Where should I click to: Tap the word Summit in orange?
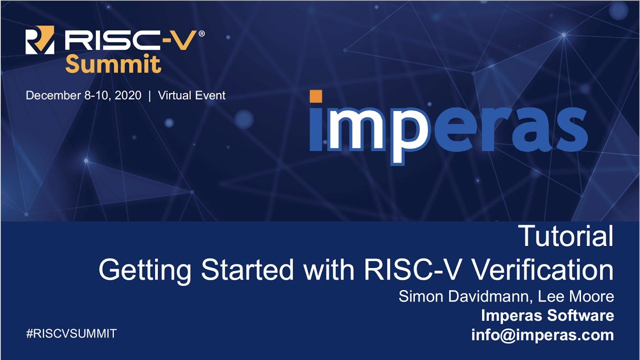click(x=113, y=64)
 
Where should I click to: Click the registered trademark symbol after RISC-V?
click(x=201, y=33)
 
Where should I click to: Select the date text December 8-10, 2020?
click(x=83, y=95)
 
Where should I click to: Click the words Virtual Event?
click(x=191, y=95)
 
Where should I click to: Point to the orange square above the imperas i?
click(x=315, y=96)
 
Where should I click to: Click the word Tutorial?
click(x=565, y=236)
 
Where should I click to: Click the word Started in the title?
click(x=247, y=270)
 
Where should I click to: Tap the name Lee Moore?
click(x=576, y=296)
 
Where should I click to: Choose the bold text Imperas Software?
click(x=547, y=315)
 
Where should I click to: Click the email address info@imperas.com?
click(x=542, y=334)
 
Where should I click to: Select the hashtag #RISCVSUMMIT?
click(x=71, y=333)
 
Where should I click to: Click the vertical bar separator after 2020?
click(x=149, y=95)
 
